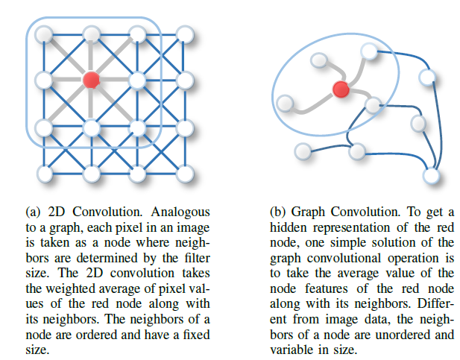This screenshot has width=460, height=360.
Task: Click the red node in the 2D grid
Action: click(91, 79)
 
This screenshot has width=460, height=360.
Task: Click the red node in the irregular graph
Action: click(341, 89)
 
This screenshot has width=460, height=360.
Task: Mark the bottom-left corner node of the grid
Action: click(44, 174)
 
